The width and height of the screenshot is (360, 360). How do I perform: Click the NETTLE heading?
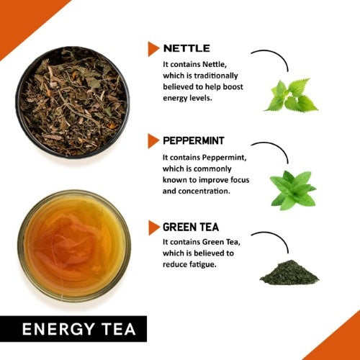(186, 48)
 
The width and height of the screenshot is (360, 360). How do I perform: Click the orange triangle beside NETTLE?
(153, 48)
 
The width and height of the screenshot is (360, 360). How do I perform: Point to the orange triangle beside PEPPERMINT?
(153, 140)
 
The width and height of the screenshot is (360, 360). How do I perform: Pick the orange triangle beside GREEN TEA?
(153, 228)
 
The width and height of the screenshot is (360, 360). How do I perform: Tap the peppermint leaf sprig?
(292, 189)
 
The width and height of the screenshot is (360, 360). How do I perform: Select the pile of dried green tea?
(288, 272)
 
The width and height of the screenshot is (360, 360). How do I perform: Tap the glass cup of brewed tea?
(72, 245)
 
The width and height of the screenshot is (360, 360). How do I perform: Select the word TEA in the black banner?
(120, 329)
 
